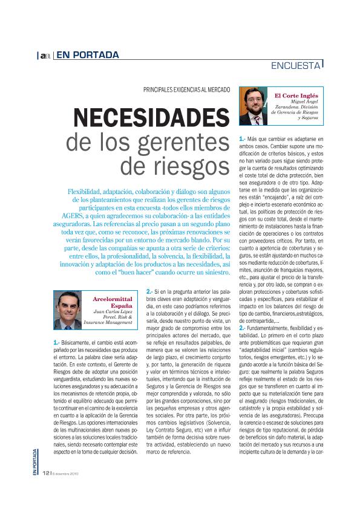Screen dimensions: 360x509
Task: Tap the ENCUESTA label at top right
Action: click(x=296, y=65)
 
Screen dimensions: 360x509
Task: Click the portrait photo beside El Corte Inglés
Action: click(x=255, y=106)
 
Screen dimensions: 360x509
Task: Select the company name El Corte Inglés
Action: click(x=296, y=96)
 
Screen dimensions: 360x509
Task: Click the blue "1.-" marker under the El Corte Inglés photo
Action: click(x=243, y=139)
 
